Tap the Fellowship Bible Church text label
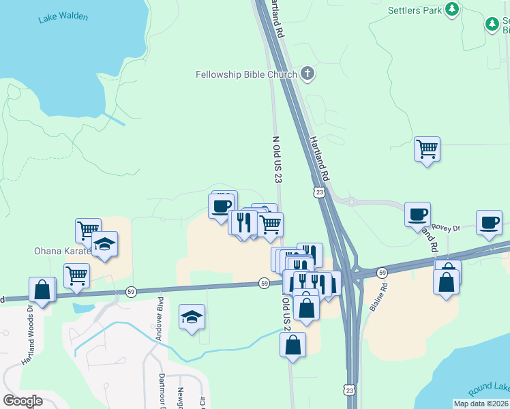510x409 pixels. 246,74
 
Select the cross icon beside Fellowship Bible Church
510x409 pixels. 307,74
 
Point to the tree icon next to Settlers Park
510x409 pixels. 451,10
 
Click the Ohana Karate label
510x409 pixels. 63,251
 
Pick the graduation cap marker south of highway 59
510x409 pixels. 192,317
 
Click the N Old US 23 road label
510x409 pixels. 277,159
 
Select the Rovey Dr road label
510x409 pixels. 449,228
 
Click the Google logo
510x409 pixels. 22,401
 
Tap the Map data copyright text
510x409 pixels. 480,404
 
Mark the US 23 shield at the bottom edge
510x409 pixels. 350,390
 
